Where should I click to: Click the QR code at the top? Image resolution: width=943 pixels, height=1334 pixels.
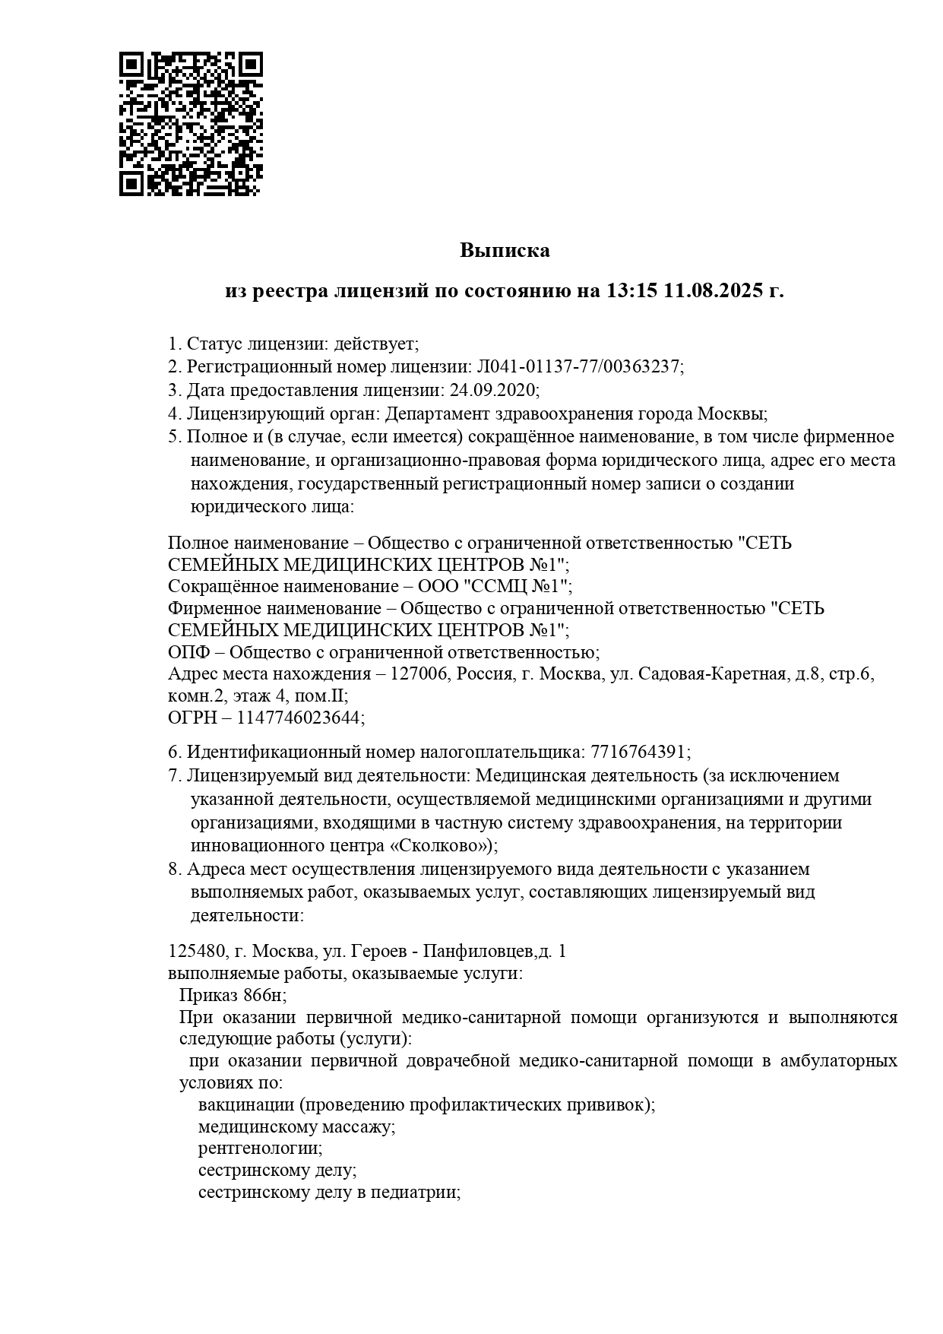coord(191,124)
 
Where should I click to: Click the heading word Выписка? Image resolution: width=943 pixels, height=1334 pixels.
coord(505,250)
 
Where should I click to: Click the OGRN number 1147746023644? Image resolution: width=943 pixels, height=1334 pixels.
coord(300,717)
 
